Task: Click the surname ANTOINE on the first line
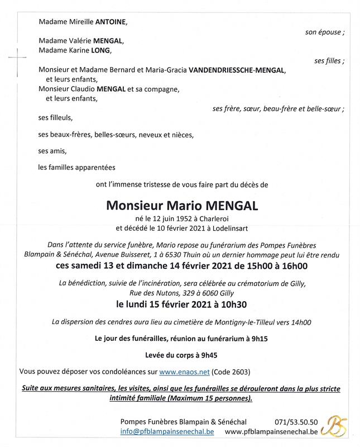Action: click(x=112, y=23)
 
